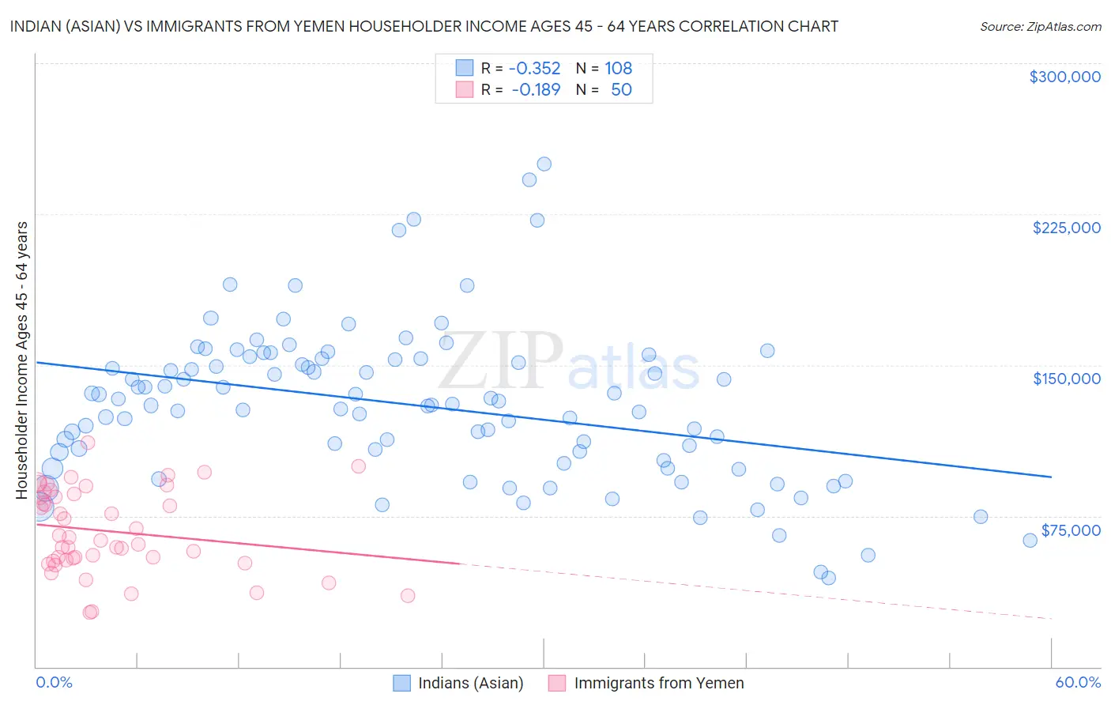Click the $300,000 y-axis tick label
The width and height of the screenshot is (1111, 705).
pos(1064,77)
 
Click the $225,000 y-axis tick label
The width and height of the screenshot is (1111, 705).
pos(1066,228)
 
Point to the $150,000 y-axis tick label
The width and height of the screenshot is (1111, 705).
pos(1066,379)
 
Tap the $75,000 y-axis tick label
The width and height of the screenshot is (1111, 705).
pos(1070,530)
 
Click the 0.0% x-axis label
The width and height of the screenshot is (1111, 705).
pos(54,683)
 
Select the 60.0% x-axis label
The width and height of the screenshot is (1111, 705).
pos(1078,683)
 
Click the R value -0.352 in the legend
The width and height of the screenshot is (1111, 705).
pos(534,69)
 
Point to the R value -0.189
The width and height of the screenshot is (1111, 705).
pos(536,90)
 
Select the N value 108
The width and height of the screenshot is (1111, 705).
pos(618,69)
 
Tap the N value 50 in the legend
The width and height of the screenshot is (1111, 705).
pos(621,90)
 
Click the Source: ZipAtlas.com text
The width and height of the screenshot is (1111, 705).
pos(1040,26)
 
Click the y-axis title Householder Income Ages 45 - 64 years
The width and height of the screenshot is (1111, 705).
pos(22,360)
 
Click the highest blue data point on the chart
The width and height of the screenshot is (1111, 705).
pos(544,164)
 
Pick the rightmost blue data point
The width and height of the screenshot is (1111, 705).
pos(1030,541)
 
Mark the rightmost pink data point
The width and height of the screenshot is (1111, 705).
pos(408,596)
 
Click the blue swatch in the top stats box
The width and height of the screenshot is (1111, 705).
pos(464,68)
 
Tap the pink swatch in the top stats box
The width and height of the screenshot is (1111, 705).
pos(464,89)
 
